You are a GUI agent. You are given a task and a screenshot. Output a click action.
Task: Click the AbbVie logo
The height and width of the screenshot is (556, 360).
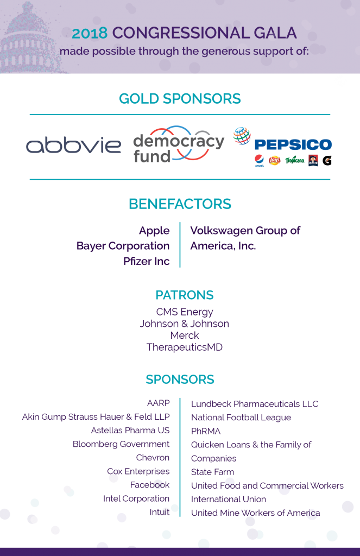click(74, 146)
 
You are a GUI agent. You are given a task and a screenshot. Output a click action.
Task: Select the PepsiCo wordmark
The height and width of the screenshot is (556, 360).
click(293, 144)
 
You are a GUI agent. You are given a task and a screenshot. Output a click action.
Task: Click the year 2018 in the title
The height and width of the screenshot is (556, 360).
click(90, 34)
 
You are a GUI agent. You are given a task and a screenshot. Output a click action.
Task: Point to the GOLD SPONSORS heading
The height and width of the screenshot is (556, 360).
click(180, 99)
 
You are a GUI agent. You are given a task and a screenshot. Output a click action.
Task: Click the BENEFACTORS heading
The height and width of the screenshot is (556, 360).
click(180, 204)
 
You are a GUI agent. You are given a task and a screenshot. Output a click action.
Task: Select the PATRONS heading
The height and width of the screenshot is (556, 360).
click(184, 295)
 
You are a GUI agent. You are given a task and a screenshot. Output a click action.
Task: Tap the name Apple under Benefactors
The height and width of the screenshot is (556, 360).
click(154, 230)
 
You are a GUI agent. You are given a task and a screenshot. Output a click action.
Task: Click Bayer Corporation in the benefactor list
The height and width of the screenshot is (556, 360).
click(123, 246)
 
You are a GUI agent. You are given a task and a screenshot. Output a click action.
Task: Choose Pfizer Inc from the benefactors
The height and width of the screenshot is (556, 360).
click(146, 261)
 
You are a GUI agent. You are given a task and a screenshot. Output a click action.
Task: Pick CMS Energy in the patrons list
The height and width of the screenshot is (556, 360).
click(184, 312)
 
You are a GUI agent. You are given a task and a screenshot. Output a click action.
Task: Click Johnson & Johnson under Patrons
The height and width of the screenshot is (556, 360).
click(184, 324)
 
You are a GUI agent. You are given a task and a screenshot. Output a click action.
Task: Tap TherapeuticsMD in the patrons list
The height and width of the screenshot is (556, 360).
click(184, 347)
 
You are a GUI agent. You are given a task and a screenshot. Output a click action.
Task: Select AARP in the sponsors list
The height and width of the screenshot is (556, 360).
click(158, 403)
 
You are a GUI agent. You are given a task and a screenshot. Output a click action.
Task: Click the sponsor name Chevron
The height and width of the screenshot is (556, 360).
click(153, 458)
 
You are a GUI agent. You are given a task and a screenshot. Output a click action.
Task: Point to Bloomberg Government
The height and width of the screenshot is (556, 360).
click(121, 444)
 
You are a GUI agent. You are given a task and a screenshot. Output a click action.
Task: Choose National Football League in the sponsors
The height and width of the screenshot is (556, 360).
click(241, 418)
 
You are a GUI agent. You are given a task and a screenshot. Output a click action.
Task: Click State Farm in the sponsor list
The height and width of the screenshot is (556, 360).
click(212, 472)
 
